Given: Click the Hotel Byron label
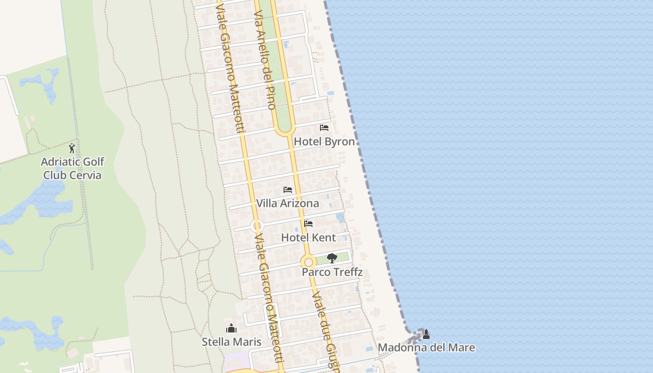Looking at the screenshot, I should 324,141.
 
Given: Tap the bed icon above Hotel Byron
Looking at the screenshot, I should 324,127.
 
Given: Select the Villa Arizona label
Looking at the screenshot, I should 287,203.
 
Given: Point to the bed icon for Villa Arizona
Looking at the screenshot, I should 288,190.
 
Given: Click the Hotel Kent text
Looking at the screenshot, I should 308,237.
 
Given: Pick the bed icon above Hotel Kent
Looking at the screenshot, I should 308,224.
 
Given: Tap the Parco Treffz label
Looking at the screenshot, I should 332,272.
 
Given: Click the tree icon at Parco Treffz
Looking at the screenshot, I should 332,258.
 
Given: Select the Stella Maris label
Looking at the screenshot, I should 231,342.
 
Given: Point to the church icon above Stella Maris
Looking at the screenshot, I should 231,328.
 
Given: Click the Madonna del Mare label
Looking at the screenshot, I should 426,347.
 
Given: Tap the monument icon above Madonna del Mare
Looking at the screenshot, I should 426,334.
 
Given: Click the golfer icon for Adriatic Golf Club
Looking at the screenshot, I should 72,148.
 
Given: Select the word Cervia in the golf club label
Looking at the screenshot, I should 85,175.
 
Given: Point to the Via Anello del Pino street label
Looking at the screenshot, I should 264,61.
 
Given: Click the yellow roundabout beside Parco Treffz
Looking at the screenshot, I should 308,262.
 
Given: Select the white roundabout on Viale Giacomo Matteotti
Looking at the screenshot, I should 257,227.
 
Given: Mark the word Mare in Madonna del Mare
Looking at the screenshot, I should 461,347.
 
